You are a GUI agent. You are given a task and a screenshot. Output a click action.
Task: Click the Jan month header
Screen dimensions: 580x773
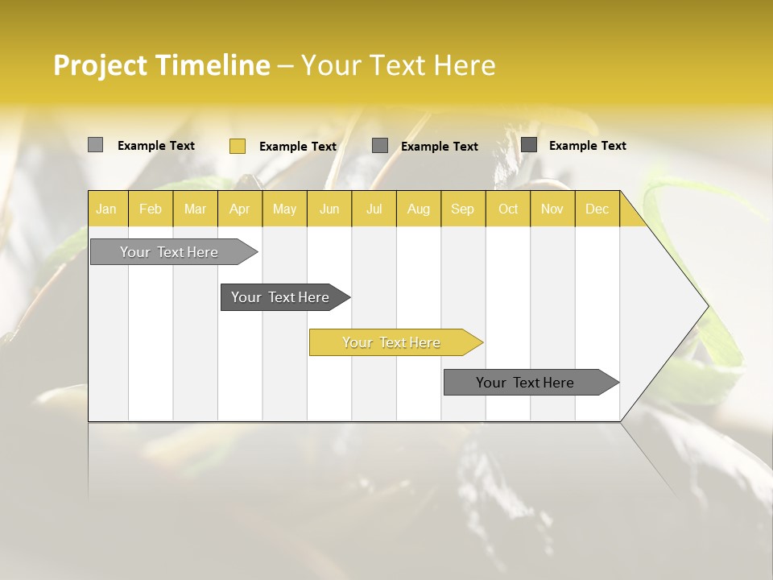click(106, 209)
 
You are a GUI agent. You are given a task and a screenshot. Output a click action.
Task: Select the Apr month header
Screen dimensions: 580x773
click(239, 209)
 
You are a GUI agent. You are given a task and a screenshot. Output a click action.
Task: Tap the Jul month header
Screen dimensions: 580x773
click(374, 209)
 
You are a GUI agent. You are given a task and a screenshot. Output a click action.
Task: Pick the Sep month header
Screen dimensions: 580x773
click(462, 209)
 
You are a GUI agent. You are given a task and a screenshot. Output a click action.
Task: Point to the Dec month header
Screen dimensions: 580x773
click(597, 209)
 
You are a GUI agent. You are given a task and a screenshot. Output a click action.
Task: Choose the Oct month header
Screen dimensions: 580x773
click(508, 209)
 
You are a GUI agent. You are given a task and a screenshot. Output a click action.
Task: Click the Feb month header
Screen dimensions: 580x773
click(151, 209)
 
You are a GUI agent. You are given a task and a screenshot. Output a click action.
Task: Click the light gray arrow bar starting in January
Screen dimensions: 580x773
click(169, 252)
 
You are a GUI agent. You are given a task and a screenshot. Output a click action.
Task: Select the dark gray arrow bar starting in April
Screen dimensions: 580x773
click(280, 297)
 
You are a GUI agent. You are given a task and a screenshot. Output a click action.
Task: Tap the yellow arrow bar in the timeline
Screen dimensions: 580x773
click(391, 342)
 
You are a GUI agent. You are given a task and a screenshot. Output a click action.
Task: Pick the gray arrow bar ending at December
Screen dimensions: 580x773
click(525, 383)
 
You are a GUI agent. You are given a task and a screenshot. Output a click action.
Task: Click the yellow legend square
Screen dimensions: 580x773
click(238, 146)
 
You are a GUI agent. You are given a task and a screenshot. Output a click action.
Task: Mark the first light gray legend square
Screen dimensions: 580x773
click(95, 145)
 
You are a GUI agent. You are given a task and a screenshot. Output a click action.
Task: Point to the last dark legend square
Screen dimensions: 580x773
click(529, 145)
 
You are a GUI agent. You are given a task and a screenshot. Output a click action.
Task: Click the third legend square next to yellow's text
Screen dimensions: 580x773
click(380, 146)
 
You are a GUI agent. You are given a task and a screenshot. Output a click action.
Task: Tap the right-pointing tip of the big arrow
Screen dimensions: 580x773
click(705, 306)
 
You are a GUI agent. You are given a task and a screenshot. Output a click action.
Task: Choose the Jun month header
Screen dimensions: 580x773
click(329, 209)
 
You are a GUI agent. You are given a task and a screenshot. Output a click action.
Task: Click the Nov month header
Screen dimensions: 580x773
click(552, 209)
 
